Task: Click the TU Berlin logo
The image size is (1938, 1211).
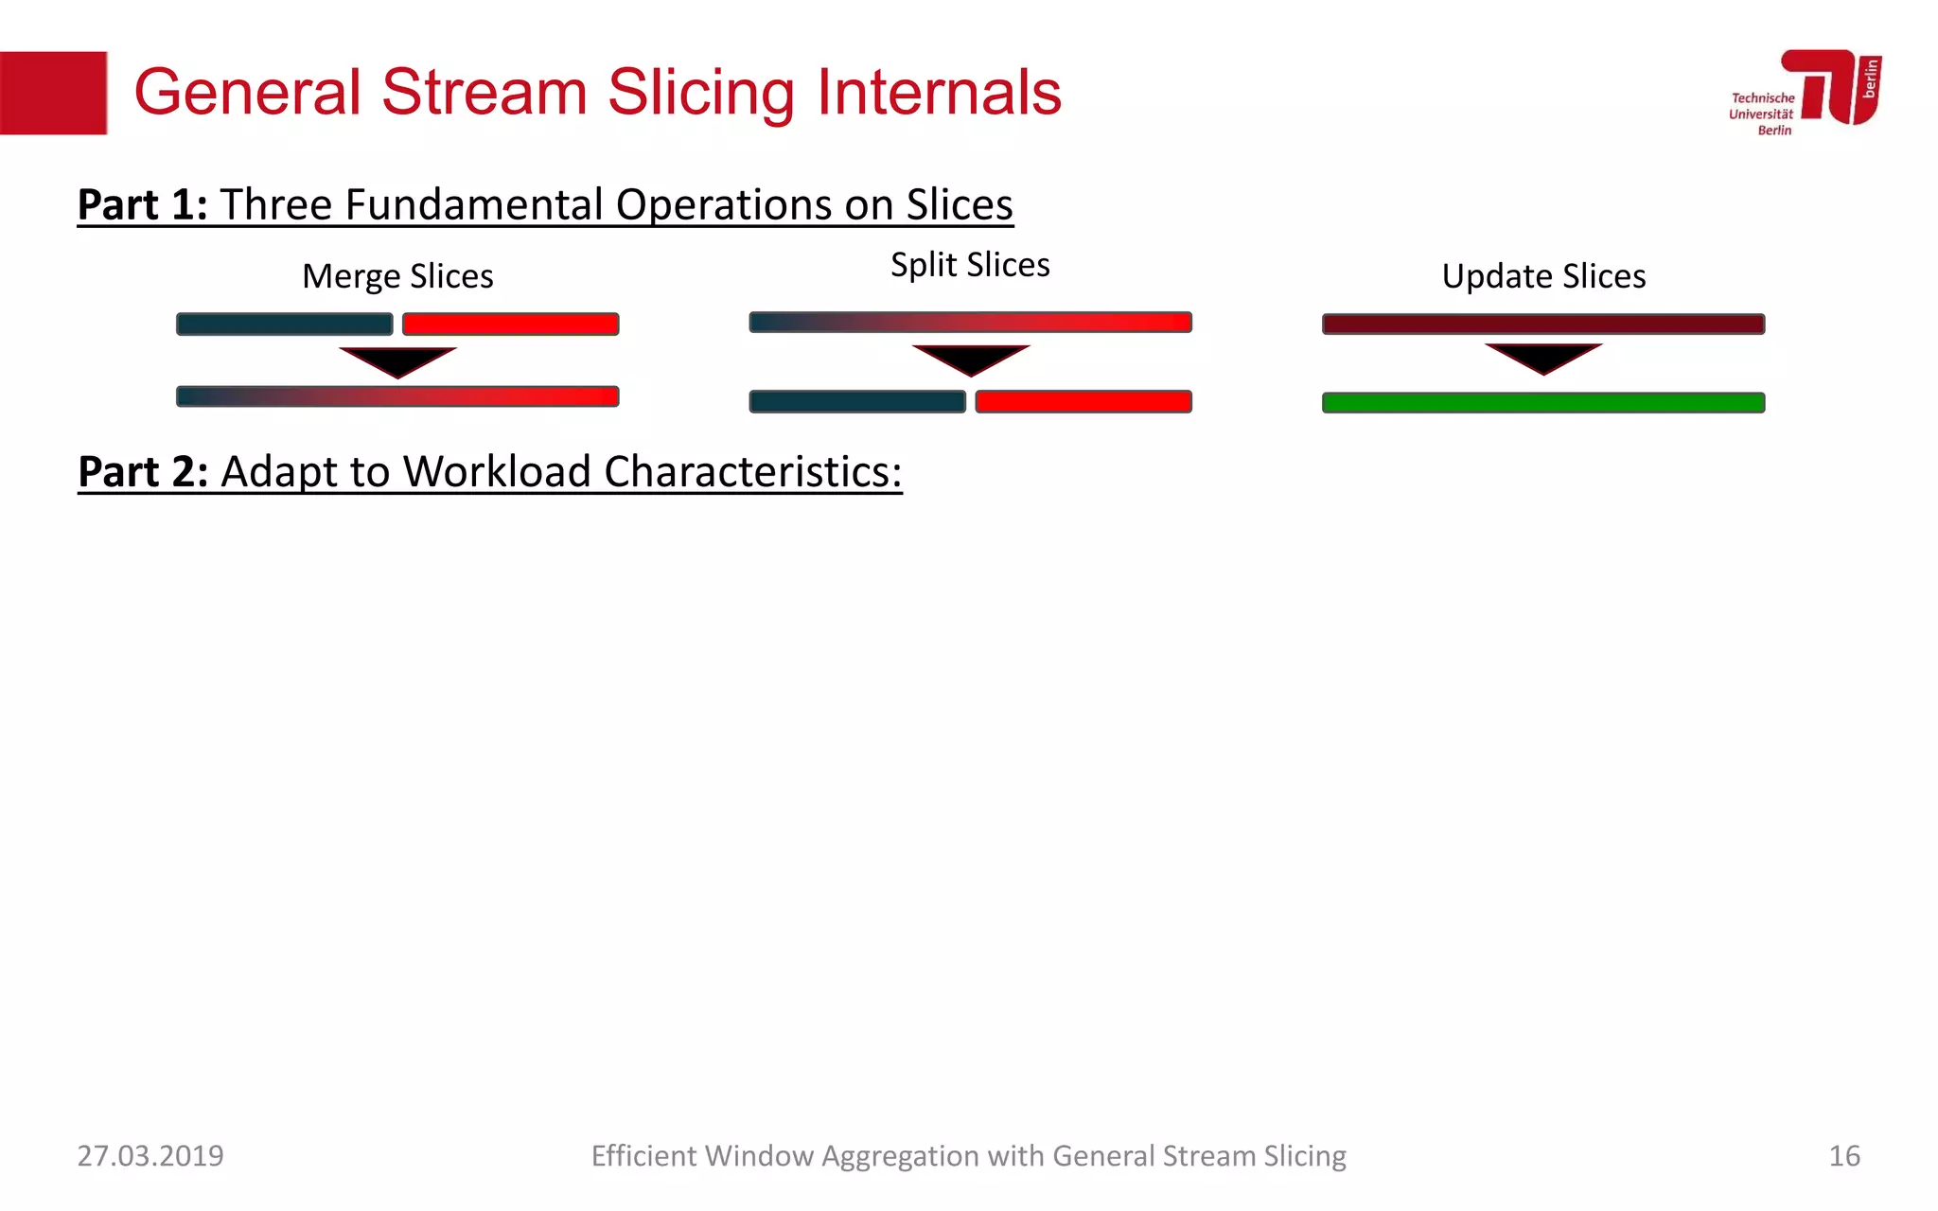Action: point(1806,92)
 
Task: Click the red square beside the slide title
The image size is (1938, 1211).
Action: point(53,93)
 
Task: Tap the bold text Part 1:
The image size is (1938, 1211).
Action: point(142,204)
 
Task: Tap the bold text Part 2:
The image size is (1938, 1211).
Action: point(142,471)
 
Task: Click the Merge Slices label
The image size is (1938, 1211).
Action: point(397,276)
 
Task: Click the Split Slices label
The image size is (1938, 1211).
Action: point(970,265)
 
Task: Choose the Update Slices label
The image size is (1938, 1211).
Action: point(1543,276)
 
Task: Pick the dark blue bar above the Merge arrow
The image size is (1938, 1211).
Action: point(284,325)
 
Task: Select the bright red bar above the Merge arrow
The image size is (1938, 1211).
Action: point(510,325)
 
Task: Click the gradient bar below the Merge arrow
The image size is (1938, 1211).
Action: point(397,396)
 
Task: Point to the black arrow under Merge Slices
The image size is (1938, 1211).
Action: point(397,360)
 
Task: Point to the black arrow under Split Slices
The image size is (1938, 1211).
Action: point(970,359)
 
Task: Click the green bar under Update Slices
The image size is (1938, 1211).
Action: point(1543,403)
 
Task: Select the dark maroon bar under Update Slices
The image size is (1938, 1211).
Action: point(1543,325)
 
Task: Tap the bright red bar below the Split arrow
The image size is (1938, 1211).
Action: point(1084,401)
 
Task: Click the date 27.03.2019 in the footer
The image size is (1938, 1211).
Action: point(150,1156)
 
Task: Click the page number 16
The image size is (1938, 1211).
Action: point(1843,1156)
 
